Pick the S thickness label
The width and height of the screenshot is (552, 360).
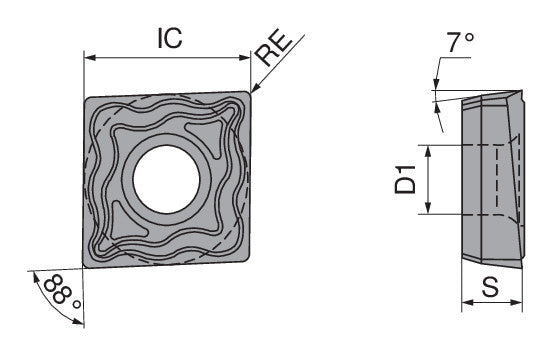point(491,287)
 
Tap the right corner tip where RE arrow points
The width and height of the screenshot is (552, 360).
point(251,95)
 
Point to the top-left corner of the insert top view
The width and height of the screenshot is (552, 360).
point(84,96)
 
